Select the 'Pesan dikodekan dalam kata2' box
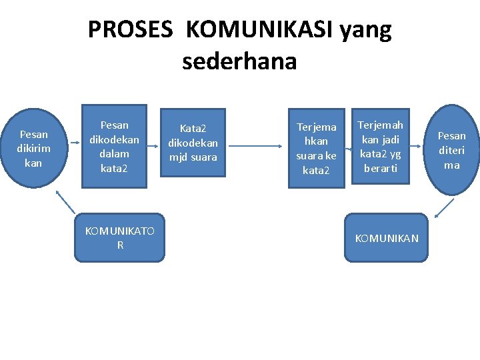(114, 146)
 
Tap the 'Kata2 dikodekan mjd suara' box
(192, 143)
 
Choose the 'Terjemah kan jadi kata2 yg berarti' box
(380, 147)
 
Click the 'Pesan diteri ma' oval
(451, 151)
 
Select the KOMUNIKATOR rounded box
(119, 237)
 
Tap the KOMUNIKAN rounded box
(387, 238)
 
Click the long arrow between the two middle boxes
(257, 145)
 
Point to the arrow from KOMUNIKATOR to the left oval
(65, 201)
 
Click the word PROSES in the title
(131, 30)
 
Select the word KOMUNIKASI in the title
(261, 30)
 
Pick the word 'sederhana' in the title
(239, 61)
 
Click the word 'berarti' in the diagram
(380, 169)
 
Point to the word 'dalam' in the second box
(114, 154)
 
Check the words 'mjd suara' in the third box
(193, 157)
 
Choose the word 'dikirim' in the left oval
(33, 149)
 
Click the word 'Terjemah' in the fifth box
(380, 125)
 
